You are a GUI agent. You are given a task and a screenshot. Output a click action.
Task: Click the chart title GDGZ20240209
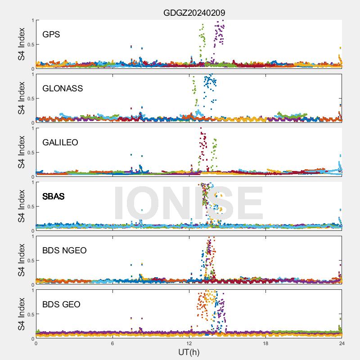194,13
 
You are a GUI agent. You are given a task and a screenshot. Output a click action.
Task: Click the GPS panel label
51,34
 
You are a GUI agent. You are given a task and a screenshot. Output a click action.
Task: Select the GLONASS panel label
63,88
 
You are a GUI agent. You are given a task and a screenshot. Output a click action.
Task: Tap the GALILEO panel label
60,142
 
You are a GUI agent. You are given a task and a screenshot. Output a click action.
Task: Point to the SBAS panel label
53,196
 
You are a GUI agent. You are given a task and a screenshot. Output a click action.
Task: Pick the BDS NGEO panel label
64,250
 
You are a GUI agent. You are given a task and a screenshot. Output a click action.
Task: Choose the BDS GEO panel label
61,304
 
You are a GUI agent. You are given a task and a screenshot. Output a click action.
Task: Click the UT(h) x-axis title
189,351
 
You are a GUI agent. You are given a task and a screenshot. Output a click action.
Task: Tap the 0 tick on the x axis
36,343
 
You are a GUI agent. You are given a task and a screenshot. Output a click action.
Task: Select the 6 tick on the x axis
112,343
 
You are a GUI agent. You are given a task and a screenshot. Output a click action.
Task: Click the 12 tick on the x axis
189,343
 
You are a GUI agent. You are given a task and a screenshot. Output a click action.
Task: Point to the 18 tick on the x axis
265,343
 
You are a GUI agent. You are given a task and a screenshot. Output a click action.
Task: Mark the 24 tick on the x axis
342,343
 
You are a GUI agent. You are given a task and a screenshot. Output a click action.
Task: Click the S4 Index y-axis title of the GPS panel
21,44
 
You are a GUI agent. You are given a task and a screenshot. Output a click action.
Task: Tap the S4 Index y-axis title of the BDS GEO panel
21,314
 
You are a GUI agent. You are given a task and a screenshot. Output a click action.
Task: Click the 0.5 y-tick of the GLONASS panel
29,99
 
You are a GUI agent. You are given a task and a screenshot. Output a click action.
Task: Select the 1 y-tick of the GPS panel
32,20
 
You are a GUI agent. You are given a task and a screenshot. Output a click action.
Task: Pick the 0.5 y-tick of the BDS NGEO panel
29,261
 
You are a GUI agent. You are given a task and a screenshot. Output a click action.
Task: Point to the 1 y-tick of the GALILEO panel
32,128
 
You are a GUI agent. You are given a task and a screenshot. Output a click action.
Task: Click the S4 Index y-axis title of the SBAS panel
21,206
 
